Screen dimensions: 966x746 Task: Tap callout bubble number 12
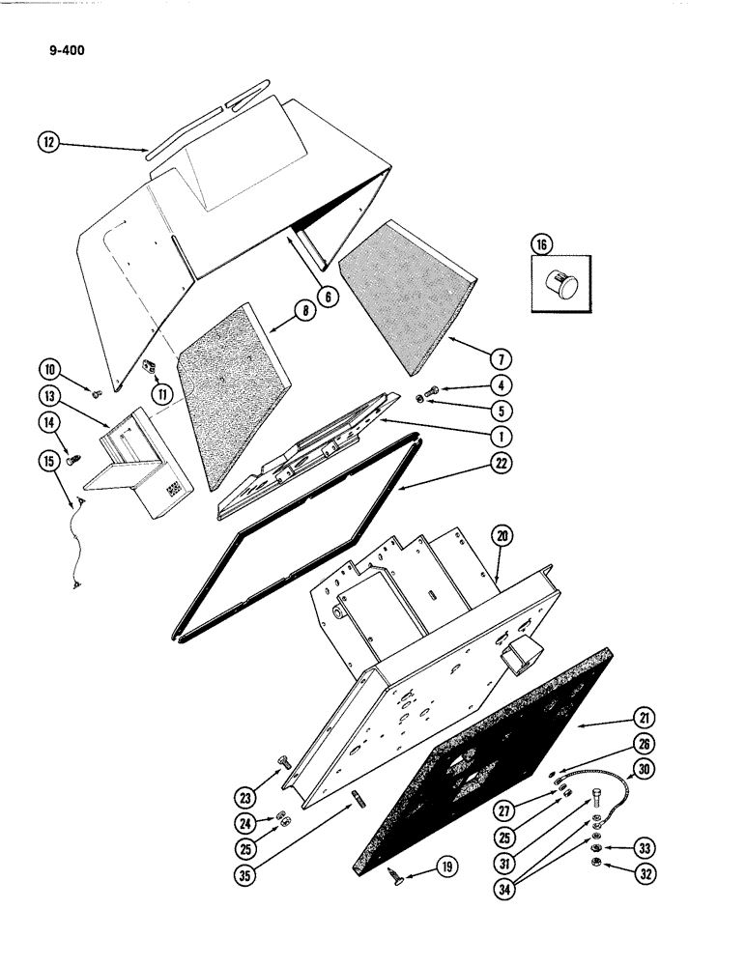pos(48,142)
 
